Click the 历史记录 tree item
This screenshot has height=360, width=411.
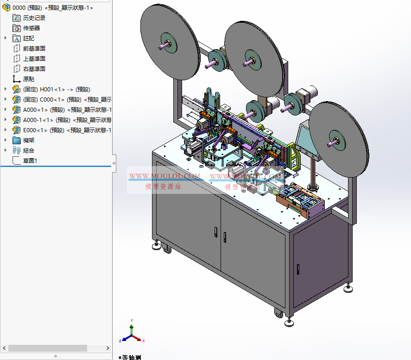(x=34, y=18)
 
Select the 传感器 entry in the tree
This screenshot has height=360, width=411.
(x=32, y=28)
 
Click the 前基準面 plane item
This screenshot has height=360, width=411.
(x=34, y=49)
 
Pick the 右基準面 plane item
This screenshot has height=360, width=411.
(x=34, y=69)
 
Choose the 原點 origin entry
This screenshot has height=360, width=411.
(x=28, y=79)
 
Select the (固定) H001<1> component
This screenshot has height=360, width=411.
(x=56, y=90)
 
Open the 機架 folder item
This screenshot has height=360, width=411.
(x=28, y=141)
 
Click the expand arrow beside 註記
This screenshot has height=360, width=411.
(x=6, y=39)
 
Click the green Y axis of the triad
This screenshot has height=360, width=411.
(x=132, y=325)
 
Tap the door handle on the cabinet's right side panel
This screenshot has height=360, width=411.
(x=298, y=269)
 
